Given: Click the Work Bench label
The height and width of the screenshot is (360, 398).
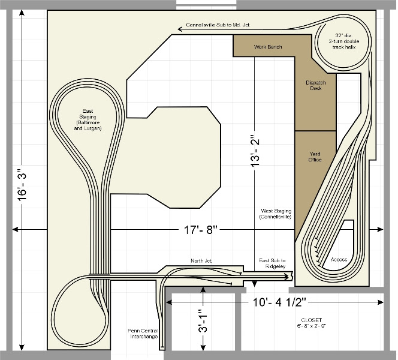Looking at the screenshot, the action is pyautogui.click(x=268, y=47).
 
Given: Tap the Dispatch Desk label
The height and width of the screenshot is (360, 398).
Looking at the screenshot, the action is pyautogui.click(x=315, y=85).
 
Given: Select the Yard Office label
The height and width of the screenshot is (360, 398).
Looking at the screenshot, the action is pyautogui.click(x=315, y=157).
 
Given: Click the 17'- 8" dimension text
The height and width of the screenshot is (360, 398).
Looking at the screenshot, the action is pyautogui.click(x=201, y=230).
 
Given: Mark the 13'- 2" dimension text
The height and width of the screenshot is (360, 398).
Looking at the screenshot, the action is pyautogui.click(x=255, y=149).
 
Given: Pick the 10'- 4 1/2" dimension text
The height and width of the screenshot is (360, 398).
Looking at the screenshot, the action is pyautogui.click(x=279, y=302).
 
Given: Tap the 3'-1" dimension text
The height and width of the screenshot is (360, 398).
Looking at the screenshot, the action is pyautogui.click(x=203, y=321).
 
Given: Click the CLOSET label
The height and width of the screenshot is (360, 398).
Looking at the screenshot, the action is pyautogui.click(x=312, y=320).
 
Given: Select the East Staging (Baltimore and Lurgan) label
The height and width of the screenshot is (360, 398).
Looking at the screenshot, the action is pyautogui.click(x=88, y=119).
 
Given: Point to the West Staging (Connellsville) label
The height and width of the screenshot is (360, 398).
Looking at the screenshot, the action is pyautogui.click(x=276, y=214).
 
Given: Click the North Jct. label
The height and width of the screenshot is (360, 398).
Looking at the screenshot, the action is pyautogui.click(x=201, y=260).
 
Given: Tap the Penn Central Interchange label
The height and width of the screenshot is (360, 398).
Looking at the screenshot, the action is pyautogui.click(x=143, y=334).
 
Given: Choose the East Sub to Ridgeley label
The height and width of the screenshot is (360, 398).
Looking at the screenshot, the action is pyautogui.click(x=272, y=263).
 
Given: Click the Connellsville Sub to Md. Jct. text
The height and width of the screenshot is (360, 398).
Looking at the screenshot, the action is pyautogui.click(x=218, y=25).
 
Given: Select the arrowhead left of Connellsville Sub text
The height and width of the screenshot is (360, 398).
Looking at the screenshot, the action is pyautogui.click(x=180, y=29).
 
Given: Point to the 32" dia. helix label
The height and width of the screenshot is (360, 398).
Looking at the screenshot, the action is pyautogui.click(x=344, y=41).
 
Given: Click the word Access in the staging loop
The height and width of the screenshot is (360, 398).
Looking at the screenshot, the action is pyautogui.click(x=339, y=260).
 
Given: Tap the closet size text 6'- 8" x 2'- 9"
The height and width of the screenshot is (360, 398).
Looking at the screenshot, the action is pyautogui.click(x=312, y=326).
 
